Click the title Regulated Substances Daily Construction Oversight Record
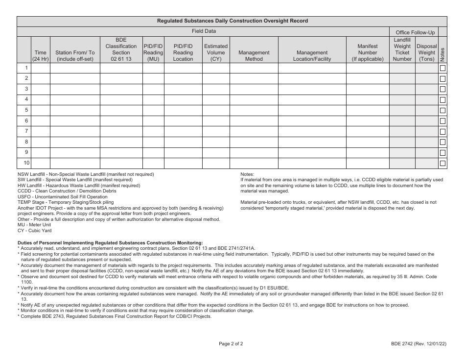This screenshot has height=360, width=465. [232, 21]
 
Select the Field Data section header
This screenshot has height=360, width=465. [203, 31]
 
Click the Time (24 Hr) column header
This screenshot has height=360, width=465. [41, 55]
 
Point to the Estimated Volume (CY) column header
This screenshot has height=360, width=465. [215, 52]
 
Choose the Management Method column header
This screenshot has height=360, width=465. [254, 55]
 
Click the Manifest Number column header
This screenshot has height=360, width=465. [367, 52]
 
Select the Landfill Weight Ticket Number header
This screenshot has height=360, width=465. [402, 49]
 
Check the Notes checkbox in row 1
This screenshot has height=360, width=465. [442, 68]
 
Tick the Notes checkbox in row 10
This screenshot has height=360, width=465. [442, 163]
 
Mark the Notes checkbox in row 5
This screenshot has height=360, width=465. [442, 110]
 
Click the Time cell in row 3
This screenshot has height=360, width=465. [41, 89]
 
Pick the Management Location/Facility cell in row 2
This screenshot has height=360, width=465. [312, 78]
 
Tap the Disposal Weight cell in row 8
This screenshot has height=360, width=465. [426, 142]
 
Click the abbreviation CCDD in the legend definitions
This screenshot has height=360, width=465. [24, 191]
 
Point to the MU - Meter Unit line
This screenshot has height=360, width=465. [35, 225]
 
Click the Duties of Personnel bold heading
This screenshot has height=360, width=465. [110, 242]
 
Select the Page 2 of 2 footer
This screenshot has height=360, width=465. [231, 343]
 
